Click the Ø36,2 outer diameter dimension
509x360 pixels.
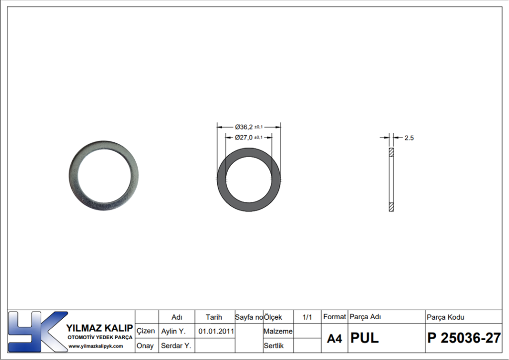tap(249, 127)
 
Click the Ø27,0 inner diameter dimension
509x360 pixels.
tap(249, 138)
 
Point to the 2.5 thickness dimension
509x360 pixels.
tap(409, 138)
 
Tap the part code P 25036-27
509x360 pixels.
tap(464, 338)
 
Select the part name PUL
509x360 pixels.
tap(364, 338)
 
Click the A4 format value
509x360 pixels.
tap(335, 339)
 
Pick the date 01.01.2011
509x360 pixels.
tap(216, 332)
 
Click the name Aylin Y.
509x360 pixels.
tap(173, 332)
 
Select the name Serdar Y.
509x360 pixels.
tap(176, 346)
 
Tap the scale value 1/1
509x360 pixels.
tap(307, 317)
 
